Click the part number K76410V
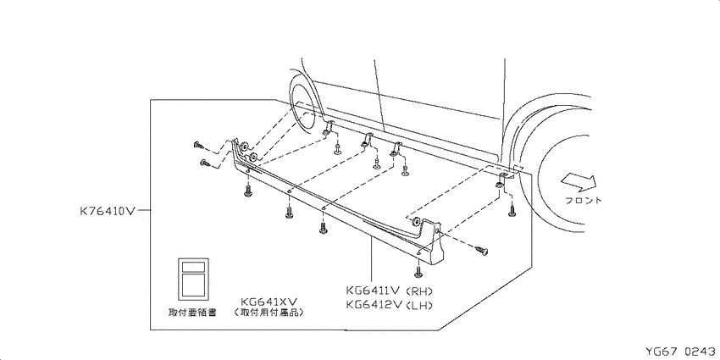[108, 211]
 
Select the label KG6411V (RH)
[390, 291]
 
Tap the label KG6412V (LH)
[390, 304]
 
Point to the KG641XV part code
[269, 302]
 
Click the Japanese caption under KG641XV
[269, 313]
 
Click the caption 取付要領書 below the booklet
[192, 313]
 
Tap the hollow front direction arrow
[580, 181]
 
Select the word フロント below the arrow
[584, 200]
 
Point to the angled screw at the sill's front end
[482, 250]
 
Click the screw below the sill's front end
[418, 271]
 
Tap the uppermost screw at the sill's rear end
[199, 146]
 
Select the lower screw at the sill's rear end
[205, 163]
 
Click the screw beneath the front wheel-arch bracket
[512, 211]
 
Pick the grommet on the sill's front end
[416, 222]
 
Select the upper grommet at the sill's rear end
[244, 146]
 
